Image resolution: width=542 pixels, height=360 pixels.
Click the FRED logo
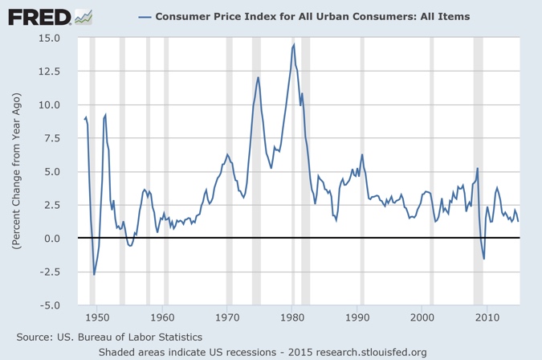point(39,16)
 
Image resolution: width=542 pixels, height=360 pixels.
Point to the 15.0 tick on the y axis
point(51,38)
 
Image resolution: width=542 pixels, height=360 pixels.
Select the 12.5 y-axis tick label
point(51,72)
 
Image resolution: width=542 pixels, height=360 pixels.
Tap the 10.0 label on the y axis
point(51,104)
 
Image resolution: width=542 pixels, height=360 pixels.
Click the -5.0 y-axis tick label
point(51,305)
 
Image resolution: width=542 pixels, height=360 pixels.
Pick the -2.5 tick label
point(51,272)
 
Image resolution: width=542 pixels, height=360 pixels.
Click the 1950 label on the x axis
point(97,317)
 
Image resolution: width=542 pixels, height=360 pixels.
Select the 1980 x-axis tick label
point(293,317)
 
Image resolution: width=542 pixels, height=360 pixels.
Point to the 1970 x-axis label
point(228,317)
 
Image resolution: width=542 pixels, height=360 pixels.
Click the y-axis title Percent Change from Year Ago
point(16,172)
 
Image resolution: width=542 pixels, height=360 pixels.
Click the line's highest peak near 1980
point(294,44)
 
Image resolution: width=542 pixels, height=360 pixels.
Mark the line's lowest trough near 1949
point(94,275)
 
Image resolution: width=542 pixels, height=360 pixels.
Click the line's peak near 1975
point(259,77)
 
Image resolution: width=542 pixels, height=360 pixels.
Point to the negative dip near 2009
point(484,258)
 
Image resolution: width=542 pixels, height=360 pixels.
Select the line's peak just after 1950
point(105,115)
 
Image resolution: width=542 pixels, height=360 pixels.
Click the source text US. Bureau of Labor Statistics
point(109,337)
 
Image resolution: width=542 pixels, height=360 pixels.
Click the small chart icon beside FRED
point(83,16)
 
